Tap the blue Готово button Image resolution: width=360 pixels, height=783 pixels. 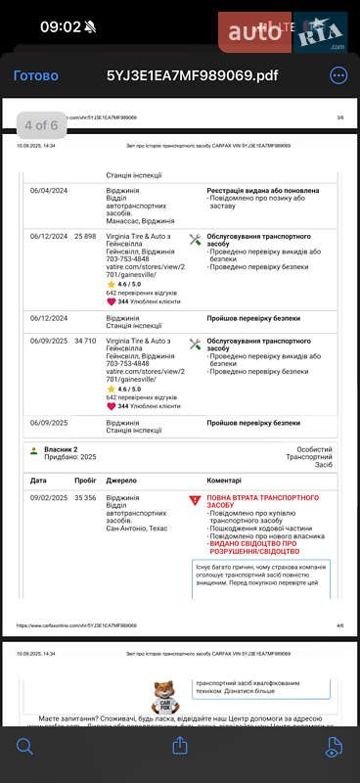pyautogui.click(x=35, y=75)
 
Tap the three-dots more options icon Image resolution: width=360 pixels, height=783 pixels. pyautogui.click(x=338, y=75)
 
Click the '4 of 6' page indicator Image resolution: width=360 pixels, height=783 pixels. pyautogui.click(x=41, y=125)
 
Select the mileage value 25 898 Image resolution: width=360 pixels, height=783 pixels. pyautogui.click(x=85, y=236)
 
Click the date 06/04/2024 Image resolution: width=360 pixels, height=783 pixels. pyautogui.click(x=48, y=191)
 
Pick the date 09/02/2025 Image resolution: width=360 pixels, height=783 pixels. pyautogui.click(x=48, y=498)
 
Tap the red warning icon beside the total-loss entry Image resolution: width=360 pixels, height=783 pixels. pyautogui.click(x=194, y=500)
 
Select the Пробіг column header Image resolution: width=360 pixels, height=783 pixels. pyautogui.click(x=85, y=481)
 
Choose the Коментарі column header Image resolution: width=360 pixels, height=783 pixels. pyautogui.click(x=230, y=481)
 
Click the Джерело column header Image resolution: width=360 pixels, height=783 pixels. pyautogui.click(x=121, y=481)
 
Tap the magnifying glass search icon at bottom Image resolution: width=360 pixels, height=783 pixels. pyautogui.click(x=24, y=746)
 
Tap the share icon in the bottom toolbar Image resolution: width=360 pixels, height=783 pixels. pyautogui.click(x=180, y=746)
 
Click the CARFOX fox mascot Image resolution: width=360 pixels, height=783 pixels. pyautogui.click(x=166, y=696)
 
